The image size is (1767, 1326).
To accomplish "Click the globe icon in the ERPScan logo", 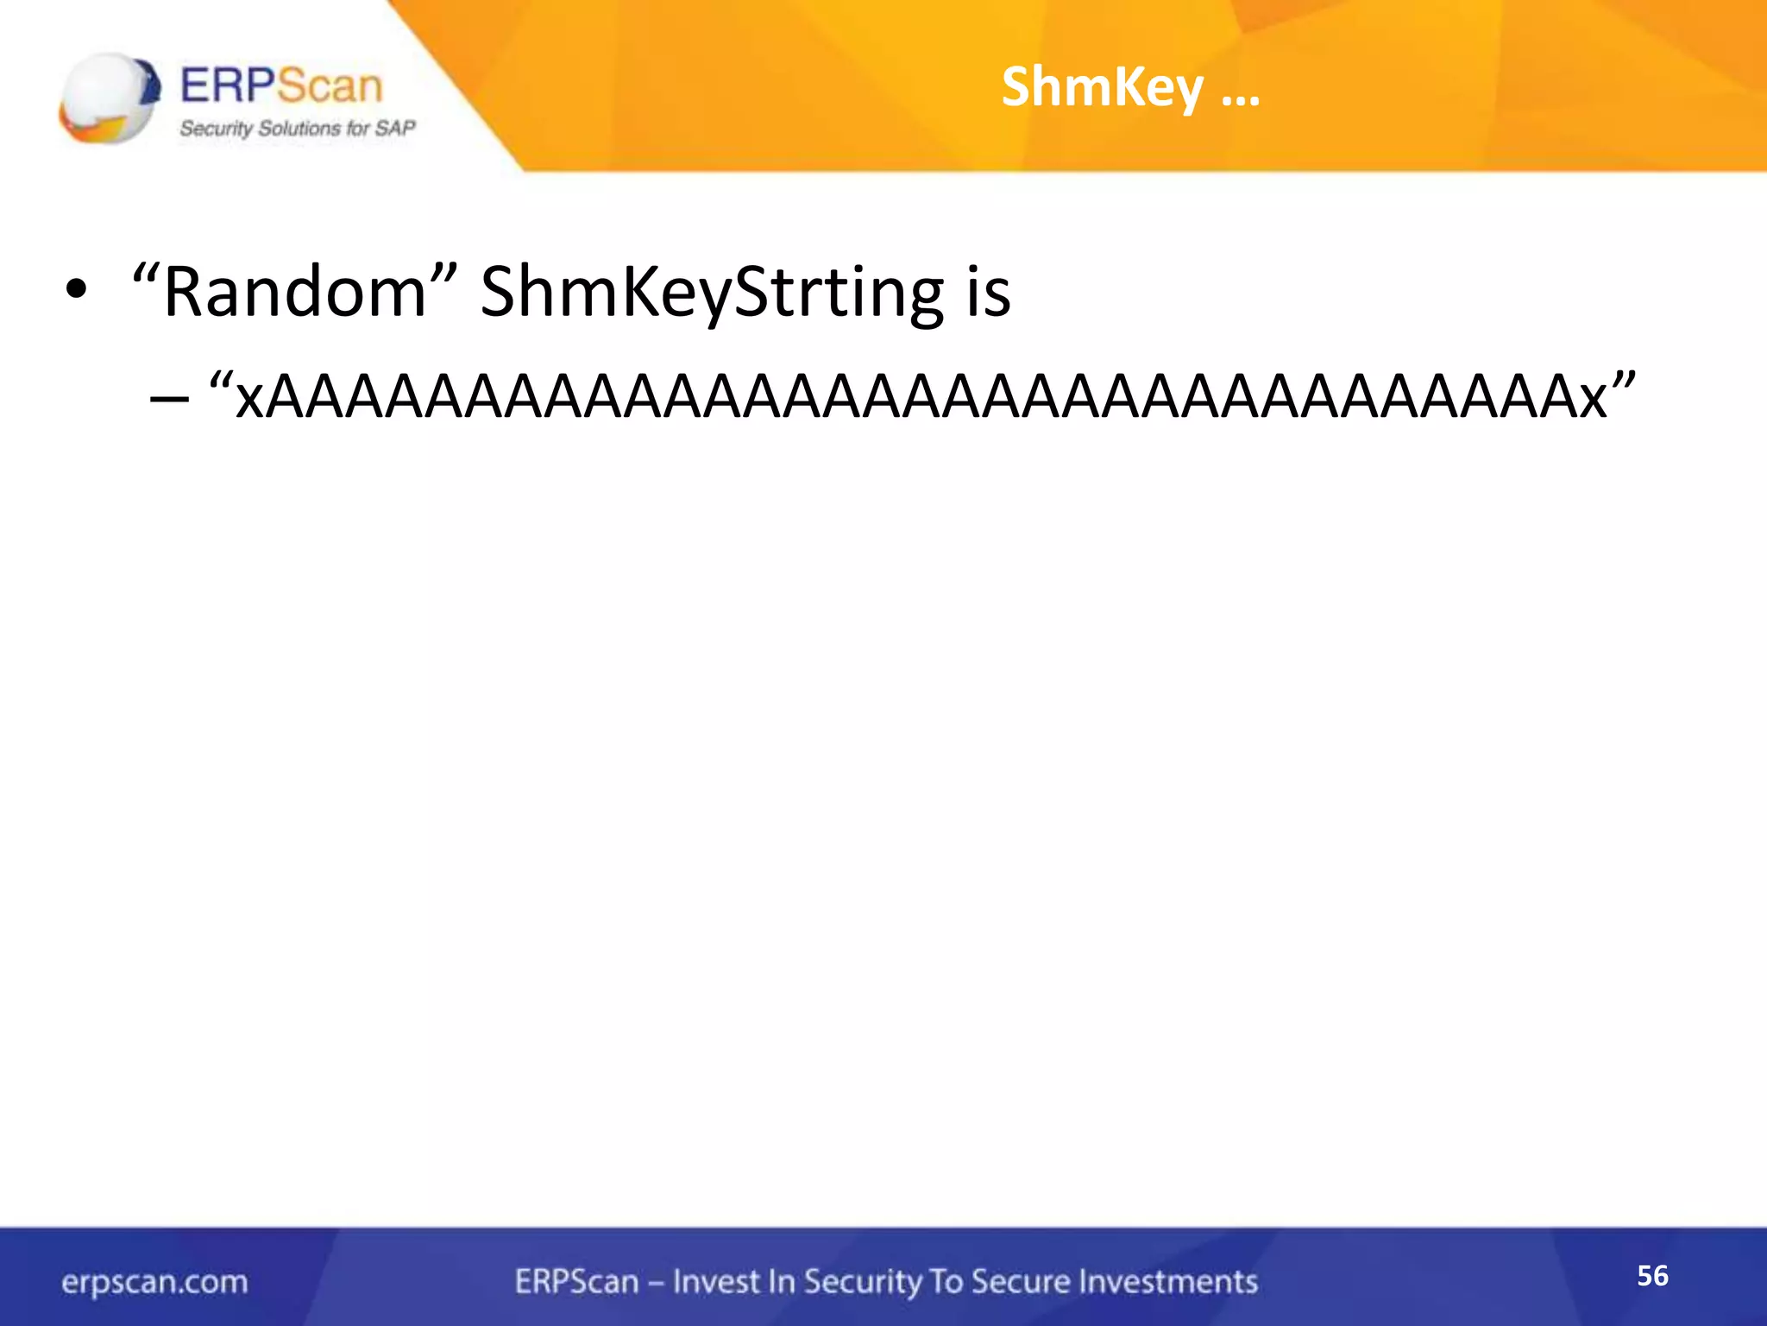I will pyautogui.click(x=109, y=98).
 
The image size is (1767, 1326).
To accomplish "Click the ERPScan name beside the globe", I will pyautogui.click(x=281, y=86).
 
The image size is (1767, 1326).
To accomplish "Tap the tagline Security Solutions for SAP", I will pyautogui.click(x=297, y=129).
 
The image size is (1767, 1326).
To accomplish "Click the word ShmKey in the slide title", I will pyautogui.click(x=1102, y=88).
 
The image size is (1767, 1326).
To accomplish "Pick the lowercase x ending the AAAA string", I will pyautogui.click(x=1593, y=401).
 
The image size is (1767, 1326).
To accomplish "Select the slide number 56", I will pyautogui.click(x=1652, y=1275).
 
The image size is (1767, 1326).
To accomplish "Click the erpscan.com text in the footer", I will pyautogui.click(x=154, y=1282).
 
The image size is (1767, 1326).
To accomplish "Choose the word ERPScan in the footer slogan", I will pyautogui.click(x=576, y=1282).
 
